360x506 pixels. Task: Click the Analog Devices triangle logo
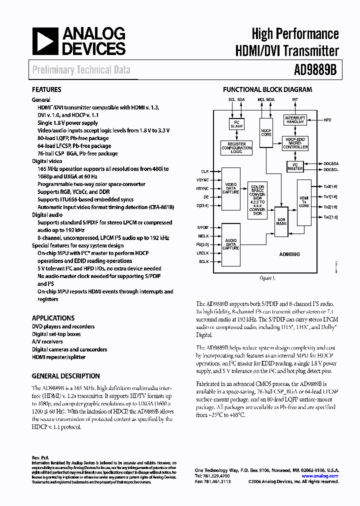44,41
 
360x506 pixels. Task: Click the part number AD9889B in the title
314,69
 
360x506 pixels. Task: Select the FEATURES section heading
46,90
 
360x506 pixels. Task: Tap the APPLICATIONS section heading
53,318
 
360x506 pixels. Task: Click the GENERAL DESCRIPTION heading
65,376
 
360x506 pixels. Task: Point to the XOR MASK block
282,219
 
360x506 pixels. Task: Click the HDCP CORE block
266,132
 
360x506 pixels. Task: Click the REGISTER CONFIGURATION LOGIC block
233,147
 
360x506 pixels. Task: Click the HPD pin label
327,120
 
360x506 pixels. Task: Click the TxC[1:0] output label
331,216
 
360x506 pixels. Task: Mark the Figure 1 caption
267,278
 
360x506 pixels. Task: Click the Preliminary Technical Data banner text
81,70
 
